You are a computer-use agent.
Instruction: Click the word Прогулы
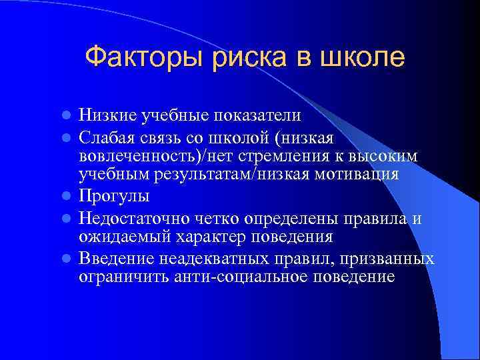coord(113,197)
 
